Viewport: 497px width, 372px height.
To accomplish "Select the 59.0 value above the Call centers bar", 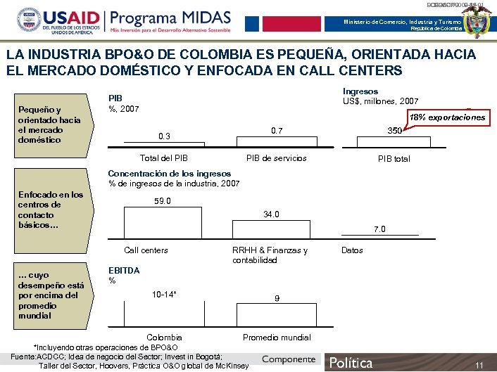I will [163, 201].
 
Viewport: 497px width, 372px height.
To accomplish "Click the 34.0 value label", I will [272, 214].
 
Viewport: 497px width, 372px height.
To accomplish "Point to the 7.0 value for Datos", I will [379, 229].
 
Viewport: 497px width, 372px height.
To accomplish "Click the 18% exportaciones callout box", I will [448, 117].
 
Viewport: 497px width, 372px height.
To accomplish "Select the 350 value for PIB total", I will [395, 132].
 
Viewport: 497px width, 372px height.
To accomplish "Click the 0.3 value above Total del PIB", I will [164, 136].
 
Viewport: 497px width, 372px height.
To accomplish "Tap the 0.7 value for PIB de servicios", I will [277, 131].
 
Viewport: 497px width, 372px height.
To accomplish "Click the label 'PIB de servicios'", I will [277, 158].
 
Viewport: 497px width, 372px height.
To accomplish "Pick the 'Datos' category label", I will [352, 250].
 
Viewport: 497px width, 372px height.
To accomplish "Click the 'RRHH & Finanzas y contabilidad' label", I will [270, 255].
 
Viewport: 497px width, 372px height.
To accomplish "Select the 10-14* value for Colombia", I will [164, 294].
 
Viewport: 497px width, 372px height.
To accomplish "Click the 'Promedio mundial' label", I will [277, 338].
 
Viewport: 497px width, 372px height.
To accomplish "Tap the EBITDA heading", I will [123, 271].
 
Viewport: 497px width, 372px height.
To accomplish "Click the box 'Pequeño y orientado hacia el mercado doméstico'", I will [50, 125].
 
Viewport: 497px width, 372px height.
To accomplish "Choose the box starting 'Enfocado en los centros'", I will [50, 210].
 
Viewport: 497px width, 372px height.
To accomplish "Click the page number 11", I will [479, 365].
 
